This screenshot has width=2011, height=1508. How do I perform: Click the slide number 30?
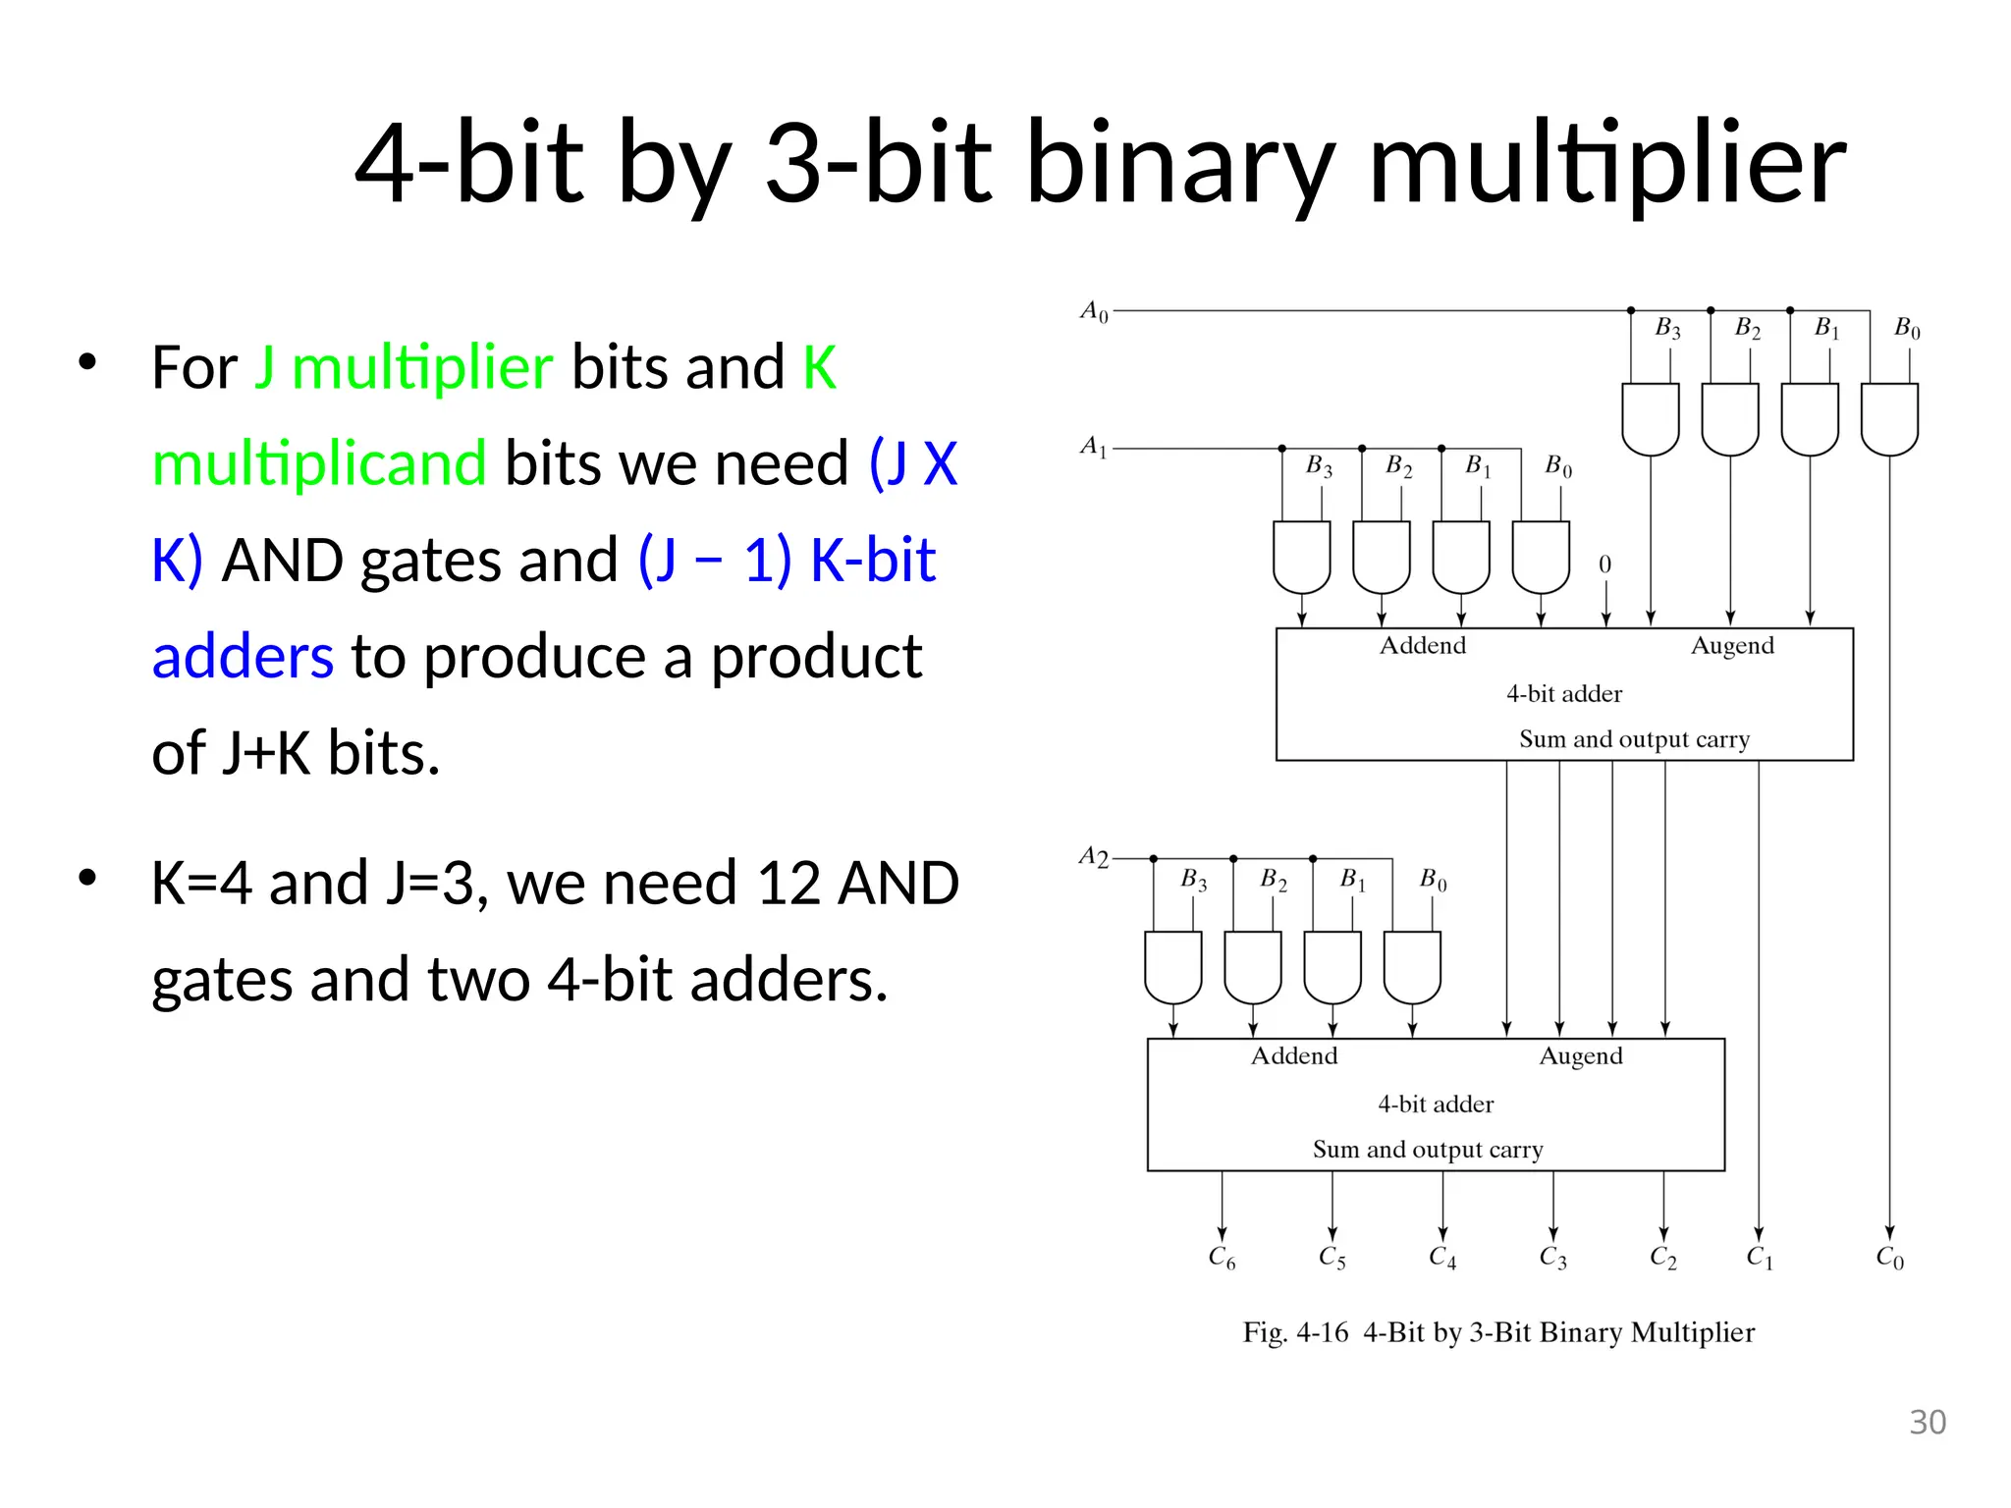tap(1928, 1422)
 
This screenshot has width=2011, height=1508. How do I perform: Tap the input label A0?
tap(1094, 312)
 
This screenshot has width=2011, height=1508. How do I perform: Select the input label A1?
tap(1093, 447)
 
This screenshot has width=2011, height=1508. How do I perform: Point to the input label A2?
tap(1093, 857)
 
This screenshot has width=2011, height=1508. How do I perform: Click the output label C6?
tap(1222, 1258)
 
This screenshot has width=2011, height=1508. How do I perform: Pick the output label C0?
tap(1889, 1258)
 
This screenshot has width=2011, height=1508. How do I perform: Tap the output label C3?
tap(1552, 1258)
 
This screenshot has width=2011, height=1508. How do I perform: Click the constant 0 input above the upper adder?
tap(1604, 565)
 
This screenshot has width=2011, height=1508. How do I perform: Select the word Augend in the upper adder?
tap(1732, 646)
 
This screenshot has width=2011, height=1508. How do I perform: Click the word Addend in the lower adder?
tap(1293, 1056)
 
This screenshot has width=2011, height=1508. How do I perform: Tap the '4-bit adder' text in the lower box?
tap(1435, 1104)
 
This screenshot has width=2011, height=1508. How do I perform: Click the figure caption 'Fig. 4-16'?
tap(1295, 1332)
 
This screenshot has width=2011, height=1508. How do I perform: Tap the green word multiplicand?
tap(319, 463)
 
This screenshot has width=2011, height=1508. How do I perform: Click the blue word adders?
tap(243, 657)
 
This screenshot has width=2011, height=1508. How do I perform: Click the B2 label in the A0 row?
tap(1747, 329)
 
